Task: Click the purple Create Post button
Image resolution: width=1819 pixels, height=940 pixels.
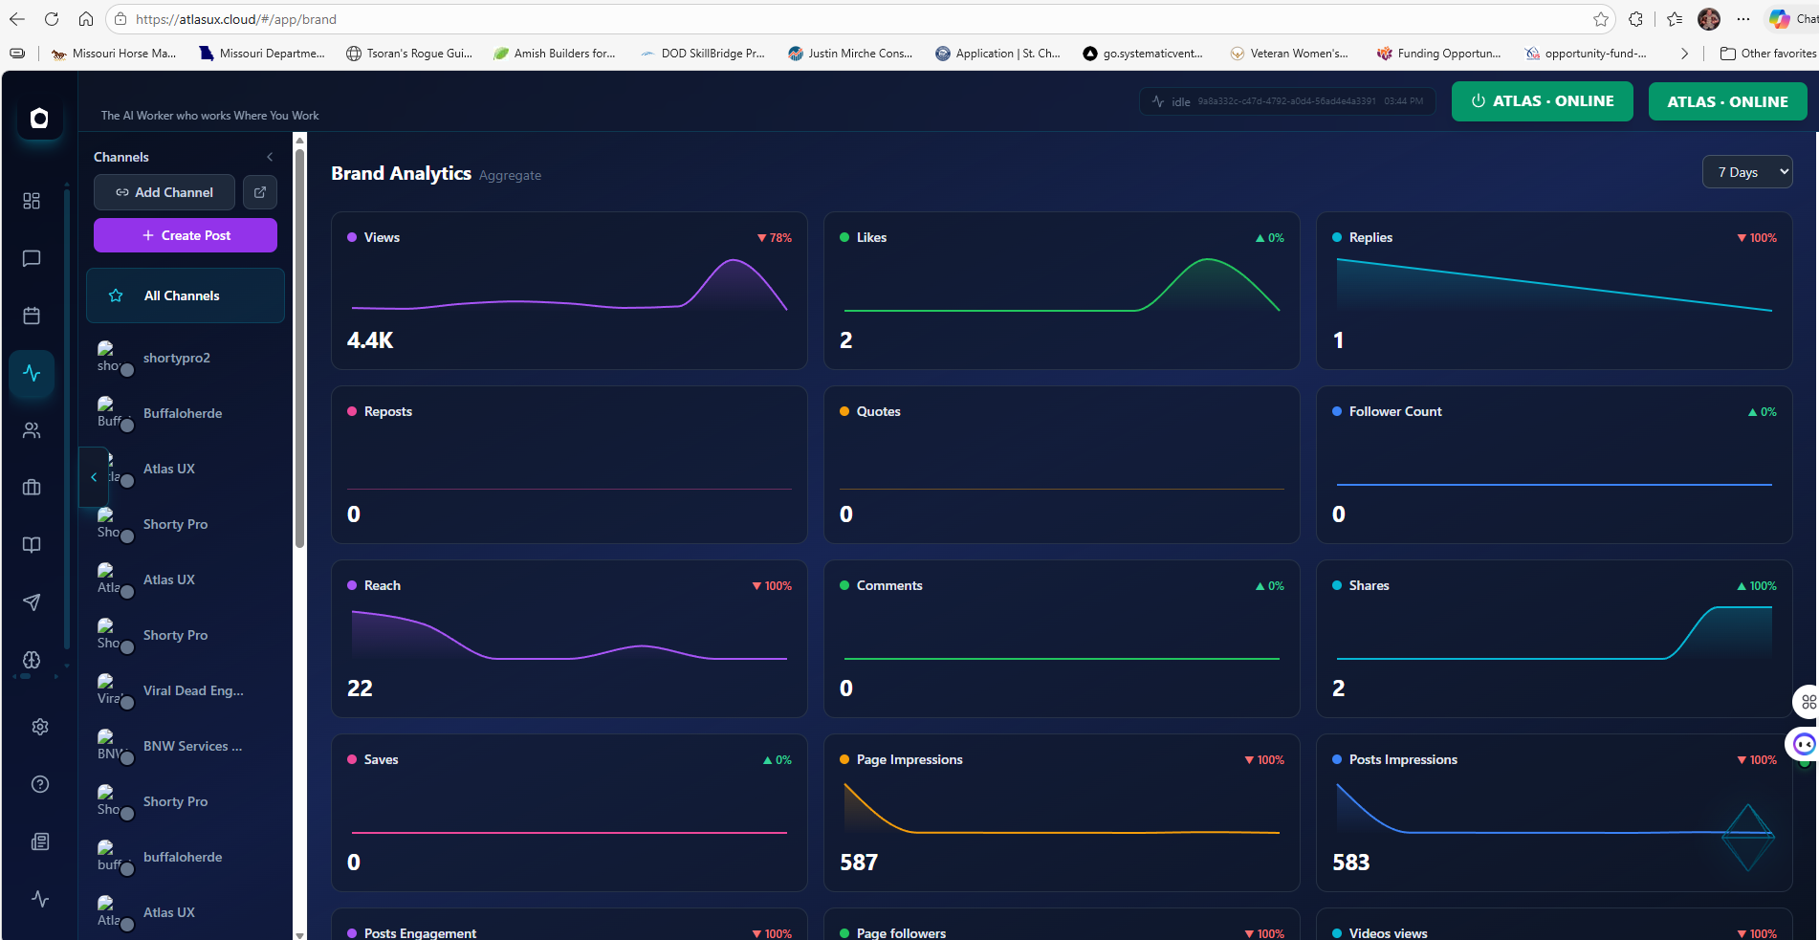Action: [x=186, y=235]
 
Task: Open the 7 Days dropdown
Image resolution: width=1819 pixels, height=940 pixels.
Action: [x=1746, y=172]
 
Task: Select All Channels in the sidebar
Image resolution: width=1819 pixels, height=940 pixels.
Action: [x=182, y=295]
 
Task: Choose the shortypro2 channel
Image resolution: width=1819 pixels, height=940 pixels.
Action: [x=176, y=358]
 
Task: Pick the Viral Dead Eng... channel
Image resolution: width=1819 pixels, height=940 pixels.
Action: [x=192, y=690]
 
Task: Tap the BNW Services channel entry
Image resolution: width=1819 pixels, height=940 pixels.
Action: [x=191, y=746]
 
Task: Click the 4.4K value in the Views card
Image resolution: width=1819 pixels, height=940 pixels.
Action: [x=370, y=340]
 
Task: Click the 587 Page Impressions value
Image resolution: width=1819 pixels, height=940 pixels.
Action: [x=859, y=863]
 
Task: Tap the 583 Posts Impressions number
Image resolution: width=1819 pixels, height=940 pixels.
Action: [x=1350, y=863]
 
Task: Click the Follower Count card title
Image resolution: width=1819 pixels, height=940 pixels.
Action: [x=1394, y=411]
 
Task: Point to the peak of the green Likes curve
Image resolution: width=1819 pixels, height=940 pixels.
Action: [x=1209, y=260]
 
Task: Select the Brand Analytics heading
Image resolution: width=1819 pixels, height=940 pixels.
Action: [x=401, y=173]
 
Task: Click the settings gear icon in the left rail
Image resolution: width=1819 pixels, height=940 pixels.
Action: [x=39, y=727]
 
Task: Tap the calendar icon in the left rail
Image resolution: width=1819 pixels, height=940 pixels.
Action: [x=32, y=316]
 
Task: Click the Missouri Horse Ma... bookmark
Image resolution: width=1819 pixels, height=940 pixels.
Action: [x=123, y=54]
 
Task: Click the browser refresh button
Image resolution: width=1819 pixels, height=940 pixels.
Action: [x=52, y=19]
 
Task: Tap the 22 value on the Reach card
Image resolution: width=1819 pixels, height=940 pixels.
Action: [x=360, y=689]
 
